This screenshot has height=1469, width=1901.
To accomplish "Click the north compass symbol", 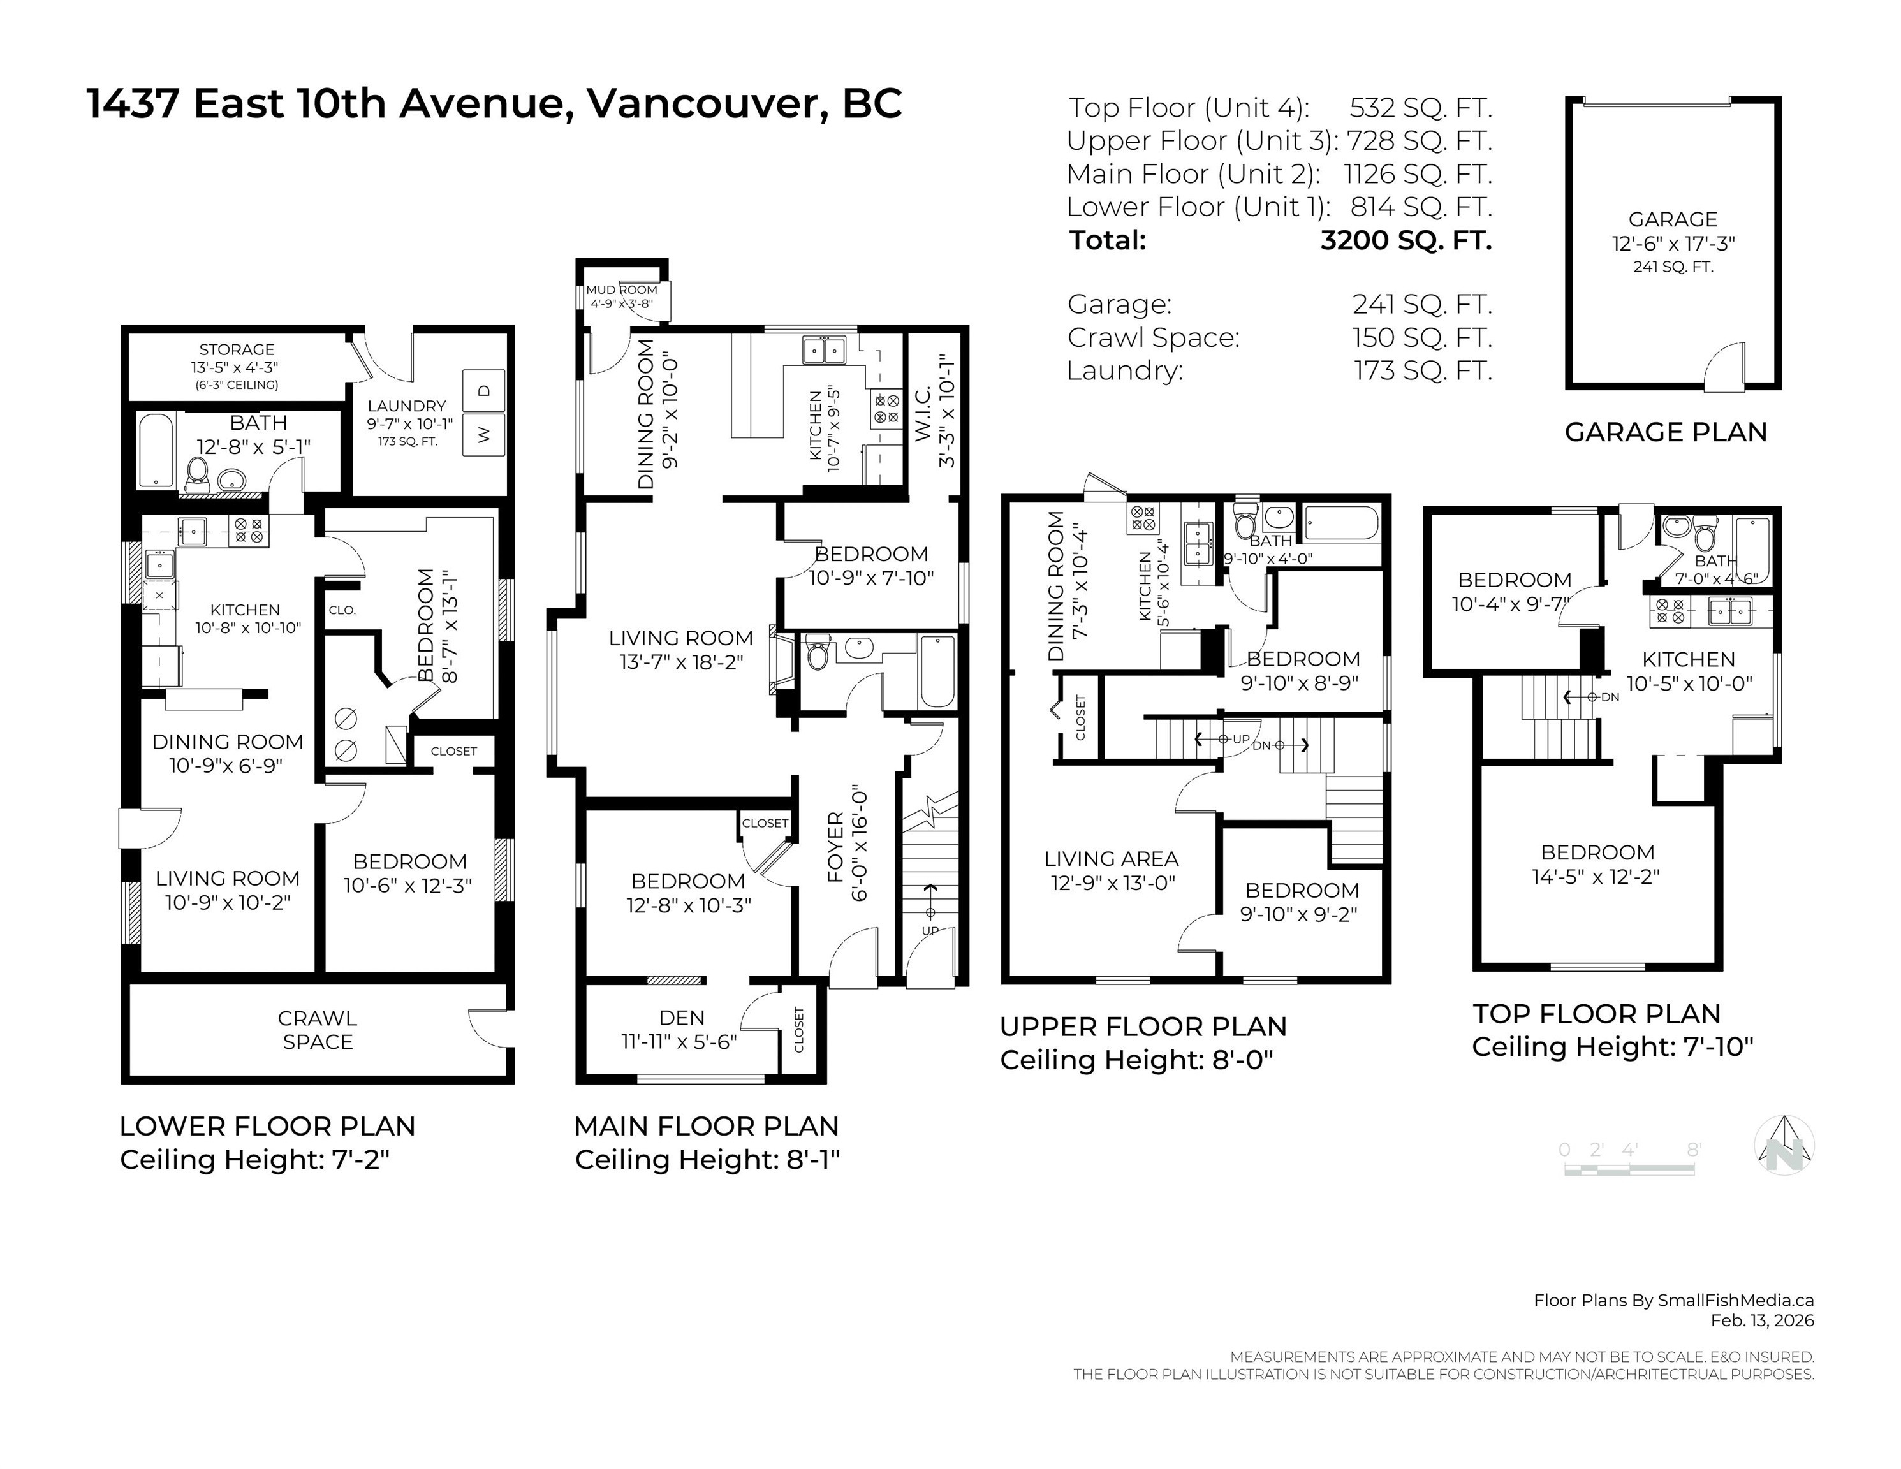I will tap(1784, 1145).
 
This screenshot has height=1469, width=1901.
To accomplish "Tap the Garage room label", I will tap(1672, 219).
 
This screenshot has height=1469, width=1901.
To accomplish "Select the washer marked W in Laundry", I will tap(485, 434).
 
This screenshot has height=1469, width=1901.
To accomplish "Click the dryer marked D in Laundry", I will tap(485, 389).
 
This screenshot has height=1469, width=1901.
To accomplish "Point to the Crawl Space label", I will tap(318, 1030).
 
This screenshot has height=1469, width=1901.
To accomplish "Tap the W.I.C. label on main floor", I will tap(923, 413).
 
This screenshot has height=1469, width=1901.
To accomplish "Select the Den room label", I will tap(682, 1018).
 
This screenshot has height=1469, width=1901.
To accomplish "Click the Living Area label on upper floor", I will tap(1112, 859).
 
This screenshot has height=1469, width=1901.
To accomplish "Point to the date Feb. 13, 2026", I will tap(1762, 1320).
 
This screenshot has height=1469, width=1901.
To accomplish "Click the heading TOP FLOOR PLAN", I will tap(1596, 1014).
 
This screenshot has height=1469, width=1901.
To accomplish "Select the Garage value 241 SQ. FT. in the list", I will tap(1421, 305).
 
